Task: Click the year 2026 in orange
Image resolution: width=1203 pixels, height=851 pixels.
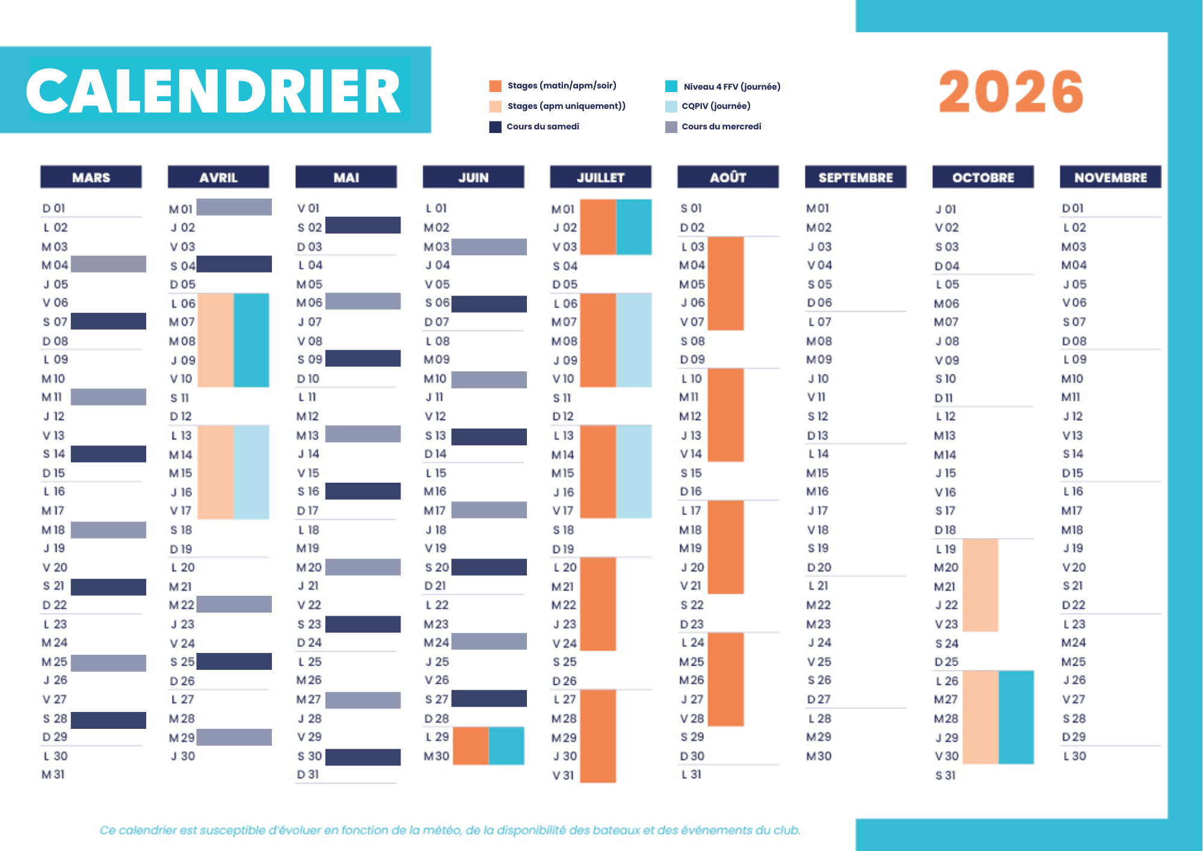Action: click(x=1011, y=91)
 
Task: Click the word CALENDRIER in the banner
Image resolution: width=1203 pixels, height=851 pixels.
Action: click(x=214, y=91)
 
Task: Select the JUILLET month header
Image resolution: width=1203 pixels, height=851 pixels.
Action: click(x=600, y=178)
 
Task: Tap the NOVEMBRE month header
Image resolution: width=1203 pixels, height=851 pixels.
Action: click(x=1110, y=178)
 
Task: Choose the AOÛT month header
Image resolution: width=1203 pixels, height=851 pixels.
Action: click(x=728, y=178)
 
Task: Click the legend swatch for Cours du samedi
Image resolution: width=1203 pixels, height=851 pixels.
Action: click(x=495, y=127)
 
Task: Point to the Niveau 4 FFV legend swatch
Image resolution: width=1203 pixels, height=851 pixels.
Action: click(x=671, y=86)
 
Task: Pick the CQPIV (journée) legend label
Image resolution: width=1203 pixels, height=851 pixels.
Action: click(x=716, y=106)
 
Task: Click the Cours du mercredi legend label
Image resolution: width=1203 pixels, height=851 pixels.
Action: click(x=721, y=126)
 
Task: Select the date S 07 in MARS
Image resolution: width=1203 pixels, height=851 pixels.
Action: click(x=55, y=322)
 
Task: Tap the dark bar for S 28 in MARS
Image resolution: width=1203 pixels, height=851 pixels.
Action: click(x=108, y=720)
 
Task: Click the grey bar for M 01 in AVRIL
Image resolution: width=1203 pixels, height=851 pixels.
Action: click(x=234, y=207)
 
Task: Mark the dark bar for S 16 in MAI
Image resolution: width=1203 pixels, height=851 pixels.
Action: click(x=363, y=491)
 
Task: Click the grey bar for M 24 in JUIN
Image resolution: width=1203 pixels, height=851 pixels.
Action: click(x=489, y=642)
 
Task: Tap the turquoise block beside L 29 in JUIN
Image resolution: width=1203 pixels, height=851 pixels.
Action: click(x=506, y=746)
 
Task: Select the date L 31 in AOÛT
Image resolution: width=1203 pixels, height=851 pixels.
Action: click(x=691, y=775)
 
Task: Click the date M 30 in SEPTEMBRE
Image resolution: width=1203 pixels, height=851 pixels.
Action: click(x=819, y=756)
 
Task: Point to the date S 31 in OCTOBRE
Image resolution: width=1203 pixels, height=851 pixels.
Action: click(x=945, y=775)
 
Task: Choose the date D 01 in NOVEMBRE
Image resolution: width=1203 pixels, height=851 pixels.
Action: click(x=1072, y=208)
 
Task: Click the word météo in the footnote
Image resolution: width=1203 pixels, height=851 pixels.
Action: click(x=442, y=831)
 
